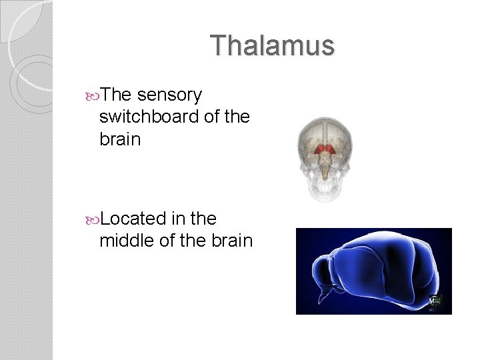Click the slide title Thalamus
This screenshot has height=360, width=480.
[x=272, y=46]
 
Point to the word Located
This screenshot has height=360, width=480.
[x=134, y=218]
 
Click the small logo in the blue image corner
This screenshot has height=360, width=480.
[x=435, y=301]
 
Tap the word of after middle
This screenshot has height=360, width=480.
[x=168, y=239]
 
